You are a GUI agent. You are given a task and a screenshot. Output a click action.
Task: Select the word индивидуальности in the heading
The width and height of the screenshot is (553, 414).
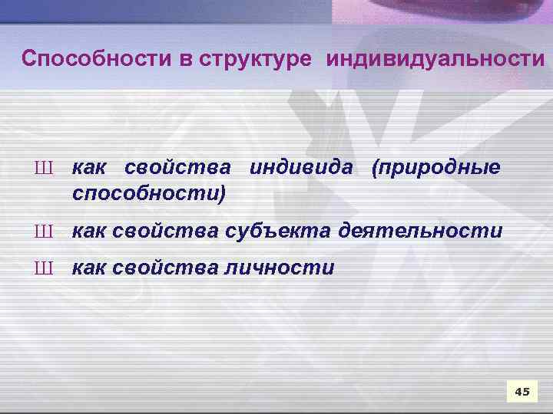(435, 59)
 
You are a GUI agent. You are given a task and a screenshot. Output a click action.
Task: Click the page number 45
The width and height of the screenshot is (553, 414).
(522, 392)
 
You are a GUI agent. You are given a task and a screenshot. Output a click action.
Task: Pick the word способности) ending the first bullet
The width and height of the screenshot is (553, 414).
(149, 194)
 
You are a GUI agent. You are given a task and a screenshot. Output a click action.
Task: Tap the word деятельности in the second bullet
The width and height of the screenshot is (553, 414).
(424, 230)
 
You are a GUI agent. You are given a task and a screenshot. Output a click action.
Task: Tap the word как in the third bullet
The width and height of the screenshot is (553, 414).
(89, 268)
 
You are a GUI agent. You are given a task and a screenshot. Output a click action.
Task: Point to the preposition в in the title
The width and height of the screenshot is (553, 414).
(189, 59)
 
